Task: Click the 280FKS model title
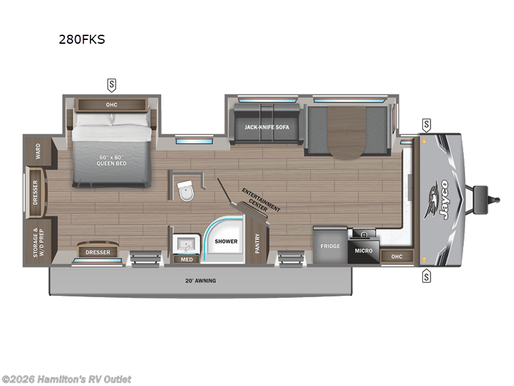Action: pyautogui.click(x=81, y=39)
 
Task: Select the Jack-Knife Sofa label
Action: pyautogui.click(x=267, y=127)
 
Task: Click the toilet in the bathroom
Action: pyautogui.click(x=186, y=191)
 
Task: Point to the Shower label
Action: pyautogui.click(x=226, y=241)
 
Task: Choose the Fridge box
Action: pyautogui.click(x=330, y=245)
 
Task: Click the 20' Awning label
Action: pyautogui.click(x=201, y=281)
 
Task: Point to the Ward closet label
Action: pyautogui.click(x=39, y=151)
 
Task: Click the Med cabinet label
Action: pyautogui.click(x=187, y=259)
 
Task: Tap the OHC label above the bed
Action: pyautogui.click(x=112, y=104)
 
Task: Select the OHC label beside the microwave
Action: pyautogui.click(x=397, y=257)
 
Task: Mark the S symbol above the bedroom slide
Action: pyautogui.click(x=112, y=84)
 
